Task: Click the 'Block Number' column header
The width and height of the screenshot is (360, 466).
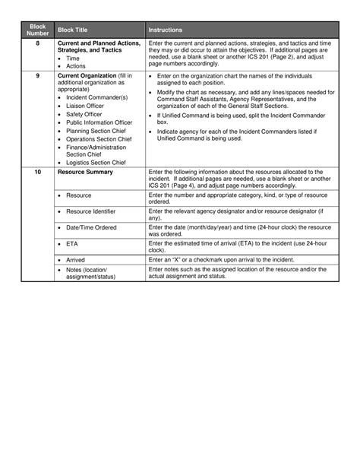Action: (38, 30)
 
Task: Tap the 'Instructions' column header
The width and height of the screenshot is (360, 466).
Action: (165, 30)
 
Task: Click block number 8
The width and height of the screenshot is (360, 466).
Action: (38, 43)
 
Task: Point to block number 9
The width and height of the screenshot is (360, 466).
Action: (38, 76)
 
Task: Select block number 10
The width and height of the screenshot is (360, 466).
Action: (38, 172)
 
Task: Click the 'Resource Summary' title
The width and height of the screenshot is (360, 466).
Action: (85, 172)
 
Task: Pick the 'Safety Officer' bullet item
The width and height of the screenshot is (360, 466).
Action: (84, 114)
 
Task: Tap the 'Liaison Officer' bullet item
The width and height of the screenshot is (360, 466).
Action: (84, 106)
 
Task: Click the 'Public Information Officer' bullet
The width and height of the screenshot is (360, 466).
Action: (99, 122)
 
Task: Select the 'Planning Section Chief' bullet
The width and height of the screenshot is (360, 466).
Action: (96, 131)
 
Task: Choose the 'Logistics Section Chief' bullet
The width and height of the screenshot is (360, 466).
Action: (96, 162)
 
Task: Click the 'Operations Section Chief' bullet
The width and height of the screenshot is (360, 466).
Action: (99, 139)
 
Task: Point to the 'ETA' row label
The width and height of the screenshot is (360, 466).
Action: (73, 244)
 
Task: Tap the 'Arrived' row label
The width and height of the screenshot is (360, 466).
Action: (75, 259)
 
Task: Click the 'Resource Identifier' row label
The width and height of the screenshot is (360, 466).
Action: (90, 211)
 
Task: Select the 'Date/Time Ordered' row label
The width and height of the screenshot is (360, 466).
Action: (91, 227)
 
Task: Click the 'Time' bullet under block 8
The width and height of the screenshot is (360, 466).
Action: (72, 58)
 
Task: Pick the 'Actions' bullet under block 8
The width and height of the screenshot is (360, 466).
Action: (76, 66)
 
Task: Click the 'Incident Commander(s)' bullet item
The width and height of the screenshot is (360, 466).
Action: (96, 97)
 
